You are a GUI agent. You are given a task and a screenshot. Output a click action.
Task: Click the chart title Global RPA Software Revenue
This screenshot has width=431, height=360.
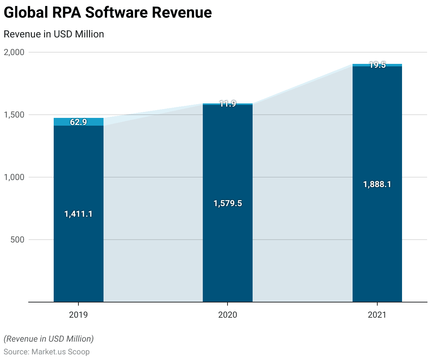(108, 13)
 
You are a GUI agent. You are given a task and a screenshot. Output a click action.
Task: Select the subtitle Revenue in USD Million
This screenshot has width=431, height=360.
(54, 34)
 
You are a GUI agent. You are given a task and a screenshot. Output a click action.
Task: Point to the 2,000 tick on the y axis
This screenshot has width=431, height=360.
(14, 52)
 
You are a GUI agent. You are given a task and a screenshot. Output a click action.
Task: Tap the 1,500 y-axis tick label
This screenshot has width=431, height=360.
(14, 115)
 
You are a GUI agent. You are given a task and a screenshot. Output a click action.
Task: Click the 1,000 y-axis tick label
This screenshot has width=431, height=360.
(14, 177)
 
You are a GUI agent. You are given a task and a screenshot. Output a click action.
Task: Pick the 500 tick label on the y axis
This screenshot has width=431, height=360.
(17, 240)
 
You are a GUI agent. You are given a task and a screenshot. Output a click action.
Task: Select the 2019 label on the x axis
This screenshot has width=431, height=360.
(78, 314)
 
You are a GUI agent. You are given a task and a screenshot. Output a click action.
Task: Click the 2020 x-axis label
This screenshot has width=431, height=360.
(228, 314)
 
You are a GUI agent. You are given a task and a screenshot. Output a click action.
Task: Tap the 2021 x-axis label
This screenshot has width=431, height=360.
(377, 314)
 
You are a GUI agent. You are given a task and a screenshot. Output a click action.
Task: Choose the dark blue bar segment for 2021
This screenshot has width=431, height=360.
(377, 247)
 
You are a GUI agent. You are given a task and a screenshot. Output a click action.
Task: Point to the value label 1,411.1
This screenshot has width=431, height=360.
(78, 214)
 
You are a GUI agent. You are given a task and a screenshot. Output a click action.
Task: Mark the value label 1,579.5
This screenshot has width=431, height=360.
(228, 203)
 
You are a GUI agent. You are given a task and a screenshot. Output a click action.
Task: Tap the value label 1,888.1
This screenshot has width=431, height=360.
(377, 184)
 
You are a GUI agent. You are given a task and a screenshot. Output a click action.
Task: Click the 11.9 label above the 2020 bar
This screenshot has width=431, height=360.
(228, 104)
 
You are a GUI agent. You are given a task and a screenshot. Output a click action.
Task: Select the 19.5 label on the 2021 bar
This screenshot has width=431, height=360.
(377, 65)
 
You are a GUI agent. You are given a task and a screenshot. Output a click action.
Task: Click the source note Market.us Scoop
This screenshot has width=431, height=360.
(47, 352)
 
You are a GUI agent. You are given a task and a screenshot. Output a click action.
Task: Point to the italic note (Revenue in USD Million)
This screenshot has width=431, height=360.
(49, 339)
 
